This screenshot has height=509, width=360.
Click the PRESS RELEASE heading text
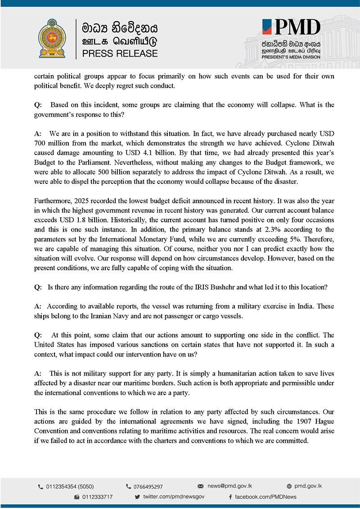[120, 54]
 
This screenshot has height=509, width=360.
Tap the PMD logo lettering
[297, 28]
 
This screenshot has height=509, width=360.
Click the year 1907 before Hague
[281, 422]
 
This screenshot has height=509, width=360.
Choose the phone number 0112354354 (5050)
[69, 487]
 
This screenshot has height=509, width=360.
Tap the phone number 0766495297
[148, 487]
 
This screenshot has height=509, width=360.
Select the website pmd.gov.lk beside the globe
[308, 486]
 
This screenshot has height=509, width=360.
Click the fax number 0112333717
[97, 497]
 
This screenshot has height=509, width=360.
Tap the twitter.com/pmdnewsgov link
[174, 497]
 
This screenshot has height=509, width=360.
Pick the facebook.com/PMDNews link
[265, 497]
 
